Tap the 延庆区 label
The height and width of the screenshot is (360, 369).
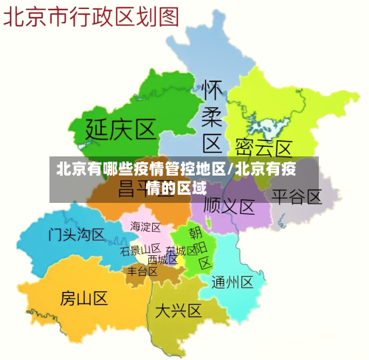pyautogui.click(x=121, y=130)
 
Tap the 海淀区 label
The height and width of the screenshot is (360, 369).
pyautogui.click(x=145, y=226)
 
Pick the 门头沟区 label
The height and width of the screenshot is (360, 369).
pyautogui.click(x=77, y=235)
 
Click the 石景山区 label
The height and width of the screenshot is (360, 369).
pyautogui.click(x=140, y=250)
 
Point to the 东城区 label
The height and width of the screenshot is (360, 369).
pyautogui.click(x=181, y=251)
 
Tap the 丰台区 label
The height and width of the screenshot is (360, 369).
pyautogui.click(x=142, y=271)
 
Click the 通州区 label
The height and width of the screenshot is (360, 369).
pyautogui.click(x=232, y=282)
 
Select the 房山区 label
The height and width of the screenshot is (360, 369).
pyautogui.click(x=83, y=298)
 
